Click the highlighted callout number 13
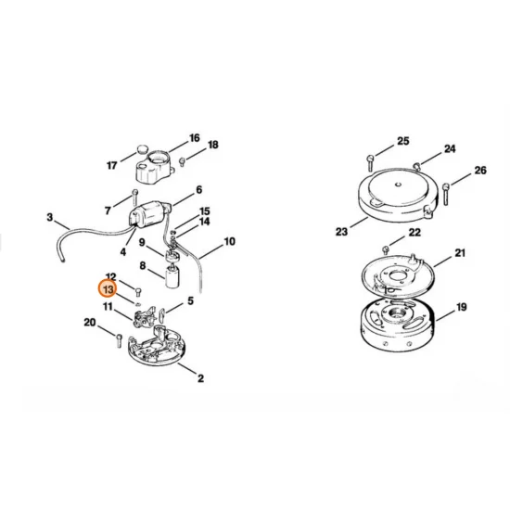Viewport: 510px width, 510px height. click(x=108, y=289)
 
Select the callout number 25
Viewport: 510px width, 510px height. click(x=402, y=141)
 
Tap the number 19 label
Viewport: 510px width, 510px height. click(x=461, y=307)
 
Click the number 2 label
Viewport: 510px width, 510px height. click(x=201, y=377)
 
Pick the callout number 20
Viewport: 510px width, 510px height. click(x=89, y=323)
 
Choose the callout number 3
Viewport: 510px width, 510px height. click(x=49, y=219)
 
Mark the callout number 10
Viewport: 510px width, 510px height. click(x=230, y=242)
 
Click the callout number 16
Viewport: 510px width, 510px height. click(x=195, y=138)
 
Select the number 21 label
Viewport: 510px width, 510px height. click(x=461, y=253)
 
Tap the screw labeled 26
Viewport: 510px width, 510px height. click(x=447, y=192)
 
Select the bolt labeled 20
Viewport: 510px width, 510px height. click(x=120, y=338)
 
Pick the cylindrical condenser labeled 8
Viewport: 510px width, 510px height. click(x=171, y=275)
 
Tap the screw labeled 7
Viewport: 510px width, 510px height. click(x=134, y=197)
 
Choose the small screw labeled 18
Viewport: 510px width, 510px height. click(x=182, y=161)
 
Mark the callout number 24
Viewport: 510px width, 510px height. click(x=450, y=148)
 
